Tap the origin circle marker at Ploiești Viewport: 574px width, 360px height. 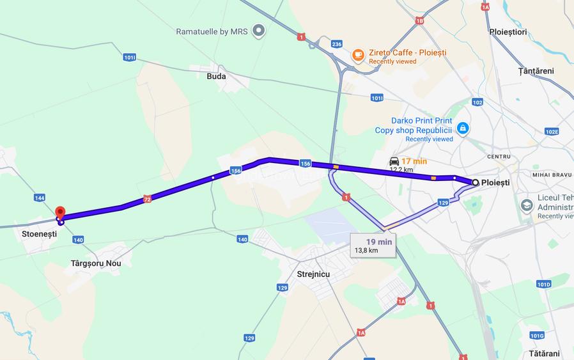pos(475,182)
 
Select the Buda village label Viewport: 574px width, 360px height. pos(216,75)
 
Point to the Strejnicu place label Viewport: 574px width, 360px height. pos(313,274)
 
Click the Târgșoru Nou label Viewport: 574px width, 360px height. pos(96,263)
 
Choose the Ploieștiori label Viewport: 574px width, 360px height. pos(508,31)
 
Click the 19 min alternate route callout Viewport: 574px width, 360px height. pos(373,246)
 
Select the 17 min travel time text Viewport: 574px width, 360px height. pos(414,161)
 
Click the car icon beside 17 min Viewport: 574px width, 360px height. pos(394,161)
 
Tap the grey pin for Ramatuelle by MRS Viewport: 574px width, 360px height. pos(258,31)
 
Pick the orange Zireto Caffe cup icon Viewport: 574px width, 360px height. pos(358,54)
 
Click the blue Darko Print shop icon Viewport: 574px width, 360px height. pos(463,129)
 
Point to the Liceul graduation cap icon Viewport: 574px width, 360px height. pos(527,206)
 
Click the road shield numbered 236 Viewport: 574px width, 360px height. pos(337,43)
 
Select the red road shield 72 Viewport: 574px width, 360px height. pos(148,199)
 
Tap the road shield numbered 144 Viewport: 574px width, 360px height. pos(40,198)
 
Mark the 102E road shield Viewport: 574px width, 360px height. pos(552,131)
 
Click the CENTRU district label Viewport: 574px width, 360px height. pos(499,156)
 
